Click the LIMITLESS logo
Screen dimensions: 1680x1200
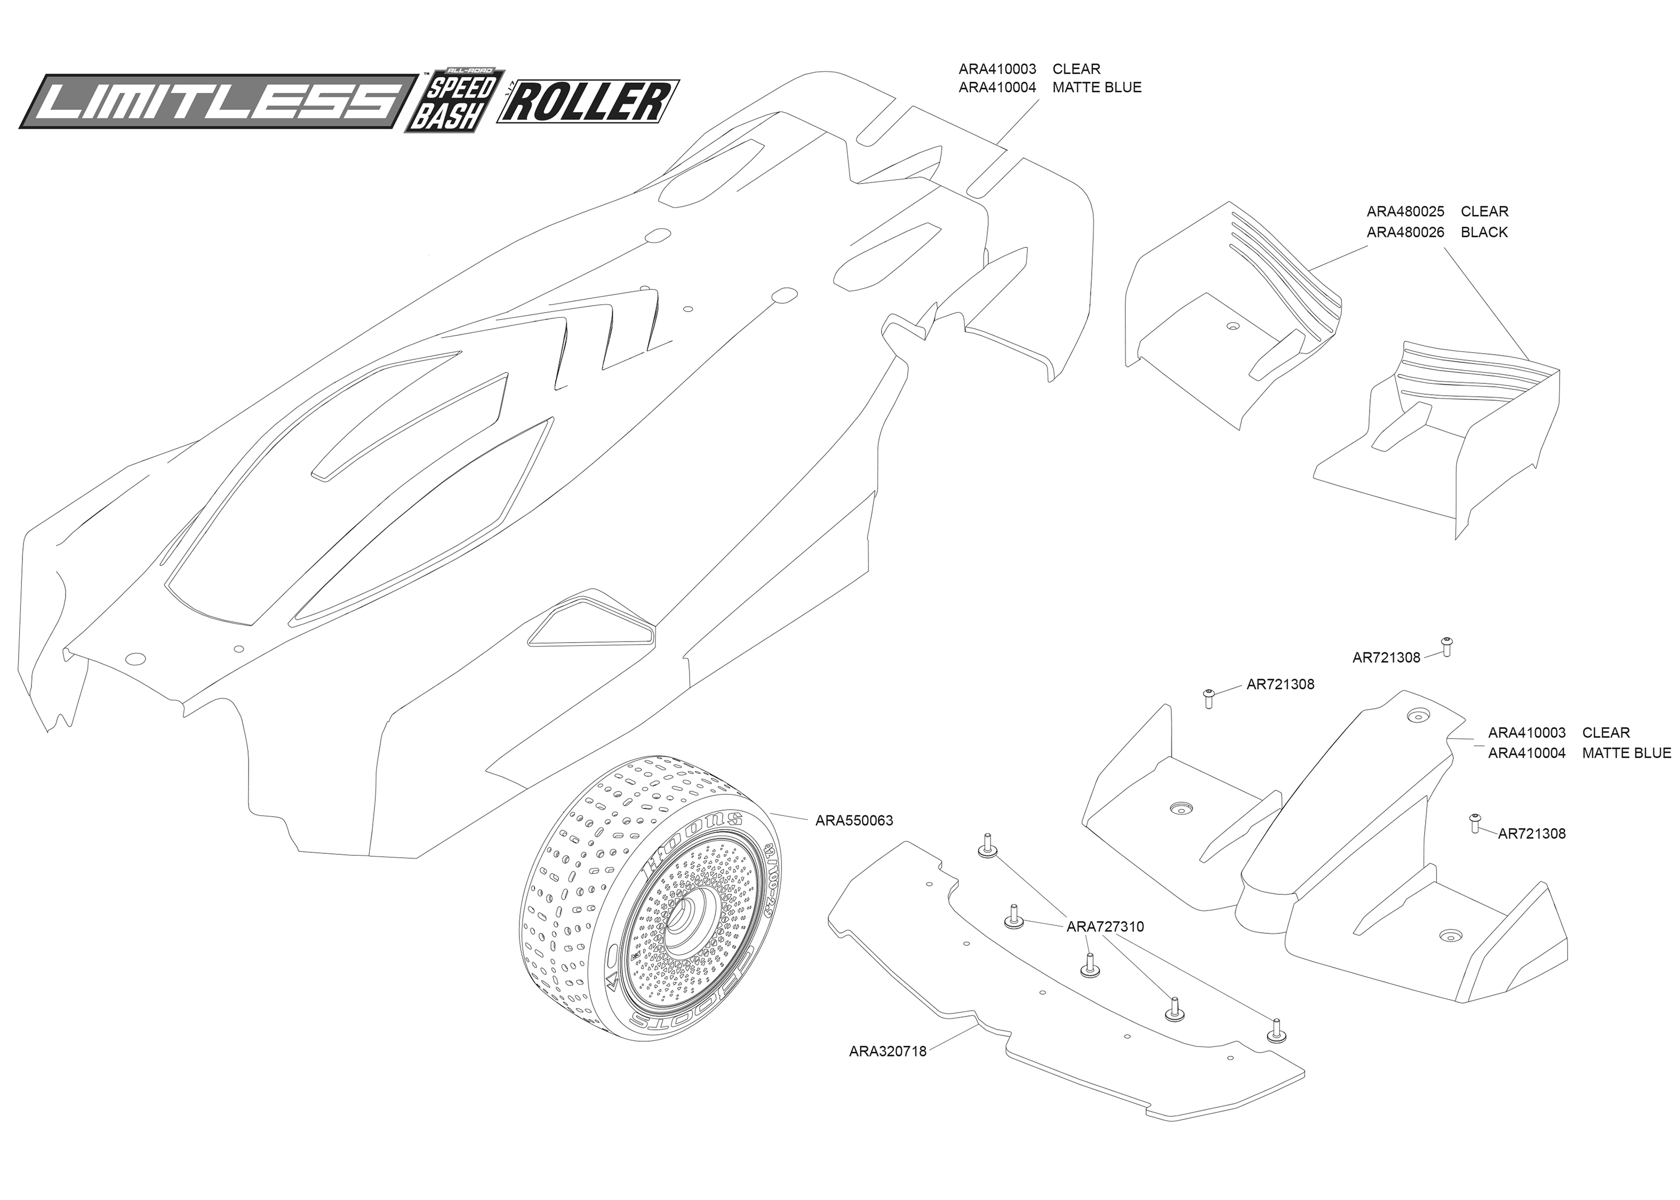coord(219,101)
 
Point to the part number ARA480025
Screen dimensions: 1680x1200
coord(1405,211)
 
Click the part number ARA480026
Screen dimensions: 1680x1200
coord(1405,232)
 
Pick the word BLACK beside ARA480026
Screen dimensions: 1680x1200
coord(1484,232)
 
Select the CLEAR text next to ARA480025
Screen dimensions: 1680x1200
coord(1485,211)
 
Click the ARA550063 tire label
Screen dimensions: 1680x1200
coord(854,820)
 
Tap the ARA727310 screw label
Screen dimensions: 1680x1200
coord(1105,926)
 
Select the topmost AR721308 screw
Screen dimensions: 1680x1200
coord(1446,646)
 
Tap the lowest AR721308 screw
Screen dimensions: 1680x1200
coord(1475,822)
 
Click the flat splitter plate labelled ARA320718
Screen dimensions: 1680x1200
coord(1064,983)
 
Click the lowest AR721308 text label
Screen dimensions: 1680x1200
coord(1532,834)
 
